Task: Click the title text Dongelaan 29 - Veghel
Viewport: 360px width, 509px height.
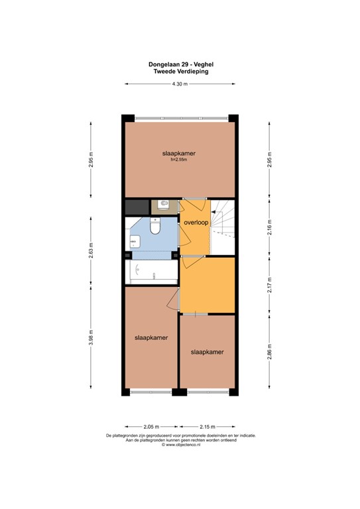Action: tap(180, 64)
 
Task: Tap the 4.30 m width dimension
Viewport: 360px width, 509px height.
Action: tap(180, 84)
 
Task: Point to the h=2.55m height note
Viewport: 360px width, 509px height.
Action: tap(179, 160)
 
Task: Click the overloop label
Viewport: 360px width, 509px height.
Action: tap(196, 223)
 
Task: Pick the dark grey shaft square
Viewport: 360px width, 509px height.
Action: tap(136, 206)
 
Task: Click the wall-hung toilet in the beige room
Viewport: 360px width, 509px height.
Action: tap(163, 205)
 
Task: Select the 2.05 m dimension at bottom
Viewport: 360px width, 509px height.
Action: tap(151, 427)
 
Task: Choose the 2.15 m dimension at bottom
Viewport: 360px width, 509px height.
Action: tap(208, 427)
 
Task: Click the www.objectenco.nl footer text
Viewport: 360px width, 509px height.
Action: tap(180, 445)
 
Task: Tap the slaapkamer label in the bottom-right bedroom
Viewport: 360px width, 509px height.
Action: tap(207, 352)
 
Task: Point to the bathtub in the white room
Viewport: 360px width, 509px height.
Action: tap(151, 270)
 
